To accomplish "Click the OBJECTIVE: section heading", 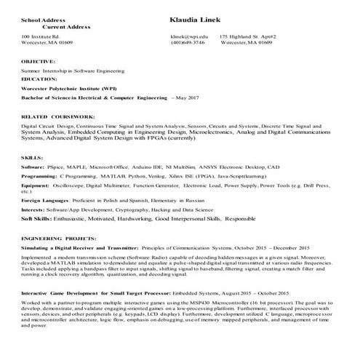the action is (39, 63).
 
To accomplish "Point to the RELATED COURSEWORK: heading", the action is (58, 116).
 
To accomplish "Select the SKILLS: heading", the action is (32, 157).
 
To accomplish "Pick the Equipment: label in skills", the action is (36, 185).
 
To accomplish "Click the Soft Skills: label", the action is (38, 218).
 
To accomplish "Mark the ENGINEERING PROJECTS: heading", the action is (57, 238).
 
